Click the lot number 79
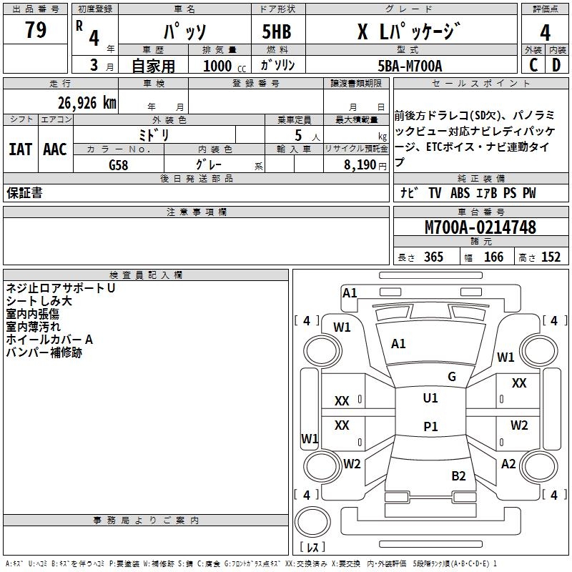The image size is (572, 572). [36, 31]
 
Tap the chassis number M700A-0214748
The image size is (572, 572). [480, 227]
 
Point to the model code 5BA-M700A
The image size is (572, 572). [410, 66]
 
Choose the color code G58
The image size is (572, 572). [120, 164]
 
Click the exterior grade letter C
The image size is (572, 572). [533, 66]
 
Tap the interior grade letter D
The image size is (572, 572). [556, 66]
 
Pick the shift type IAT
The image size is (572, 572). [21, 149]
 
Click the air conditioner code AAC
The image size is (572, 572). [55, 149]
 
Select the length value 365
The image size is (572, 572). [433, 257]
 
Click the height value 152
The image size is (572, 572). [551, 257]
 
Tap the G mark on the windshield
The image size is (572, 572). [452, 377]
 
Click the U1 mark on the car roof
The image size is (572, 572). [430, 398]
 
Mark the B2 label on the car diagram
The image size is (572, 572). [458, 475]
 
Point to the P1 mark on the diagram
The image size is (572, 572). [430, 427]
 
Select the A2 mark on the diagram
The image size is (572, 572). [508, 464]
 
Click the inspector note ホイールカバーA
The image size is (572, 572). [49, 340]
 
